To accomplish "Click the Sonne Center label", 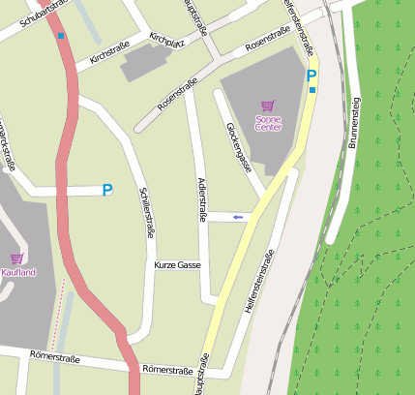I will [x=267, y=122].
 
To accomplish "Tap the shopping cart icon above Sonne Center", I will [x=267, y=106].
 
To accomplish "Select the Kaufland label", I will [x=17, y=273].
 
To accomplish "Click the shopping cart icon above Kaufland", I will [x=16, y=258].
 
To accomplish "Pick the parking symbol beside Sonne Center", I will [x=311, y=75].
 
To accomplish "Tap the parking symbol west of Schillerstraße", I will [x=106, y=191].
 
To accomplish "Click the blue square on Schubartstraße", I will [x=62, y=37].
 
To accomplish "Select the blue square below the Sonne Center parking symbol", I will [x=312, y=90].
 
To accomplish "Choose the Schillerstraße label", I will [x=149, y=211].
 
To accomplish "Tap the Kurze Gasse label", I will [x=177, y=265].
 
